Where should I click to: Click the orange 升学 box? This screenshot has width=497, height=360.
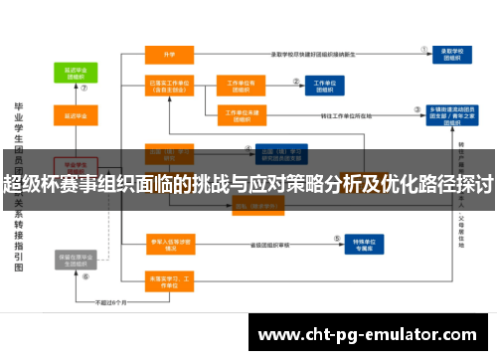[169, 55]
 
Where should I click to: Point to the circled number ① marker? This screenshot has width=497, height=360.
[424, 46]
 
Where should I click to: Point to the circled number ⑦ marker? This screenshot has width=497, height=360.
[84, 89]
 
